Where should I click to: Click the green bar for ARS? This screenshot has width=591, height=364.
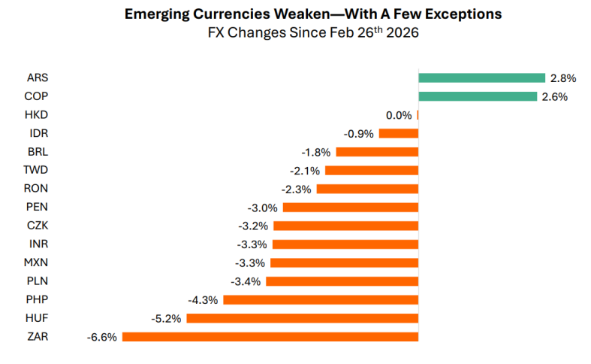click(x=481, y=77)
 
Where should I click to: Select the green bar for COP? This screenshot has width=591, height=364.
click(x=478, y=96)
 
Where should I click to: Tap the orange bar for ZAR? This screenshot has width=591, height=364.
click(x=270, y=337)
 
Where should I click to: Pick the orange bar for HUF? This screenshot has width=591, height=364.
click(x=302, y=318)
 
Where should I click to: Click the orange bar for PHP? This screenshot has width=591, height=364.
click(x=321, y=300)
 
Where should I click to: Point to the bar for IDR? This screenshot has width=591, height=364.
click(x=399, y=133)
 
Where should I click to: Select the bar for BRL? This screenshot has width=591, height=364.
click(x=377, y=151)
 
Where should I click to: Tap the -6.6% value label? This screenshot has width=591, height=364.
click(x=101, y=338)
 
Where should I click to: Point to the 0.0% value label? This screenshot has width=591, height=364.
click(x=398, y=115)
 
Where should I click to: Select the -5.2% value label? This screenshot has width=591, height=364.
click(x=167, y=319)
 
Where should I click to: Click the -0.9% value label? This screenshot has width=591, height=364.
click(x=360, y=134)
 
